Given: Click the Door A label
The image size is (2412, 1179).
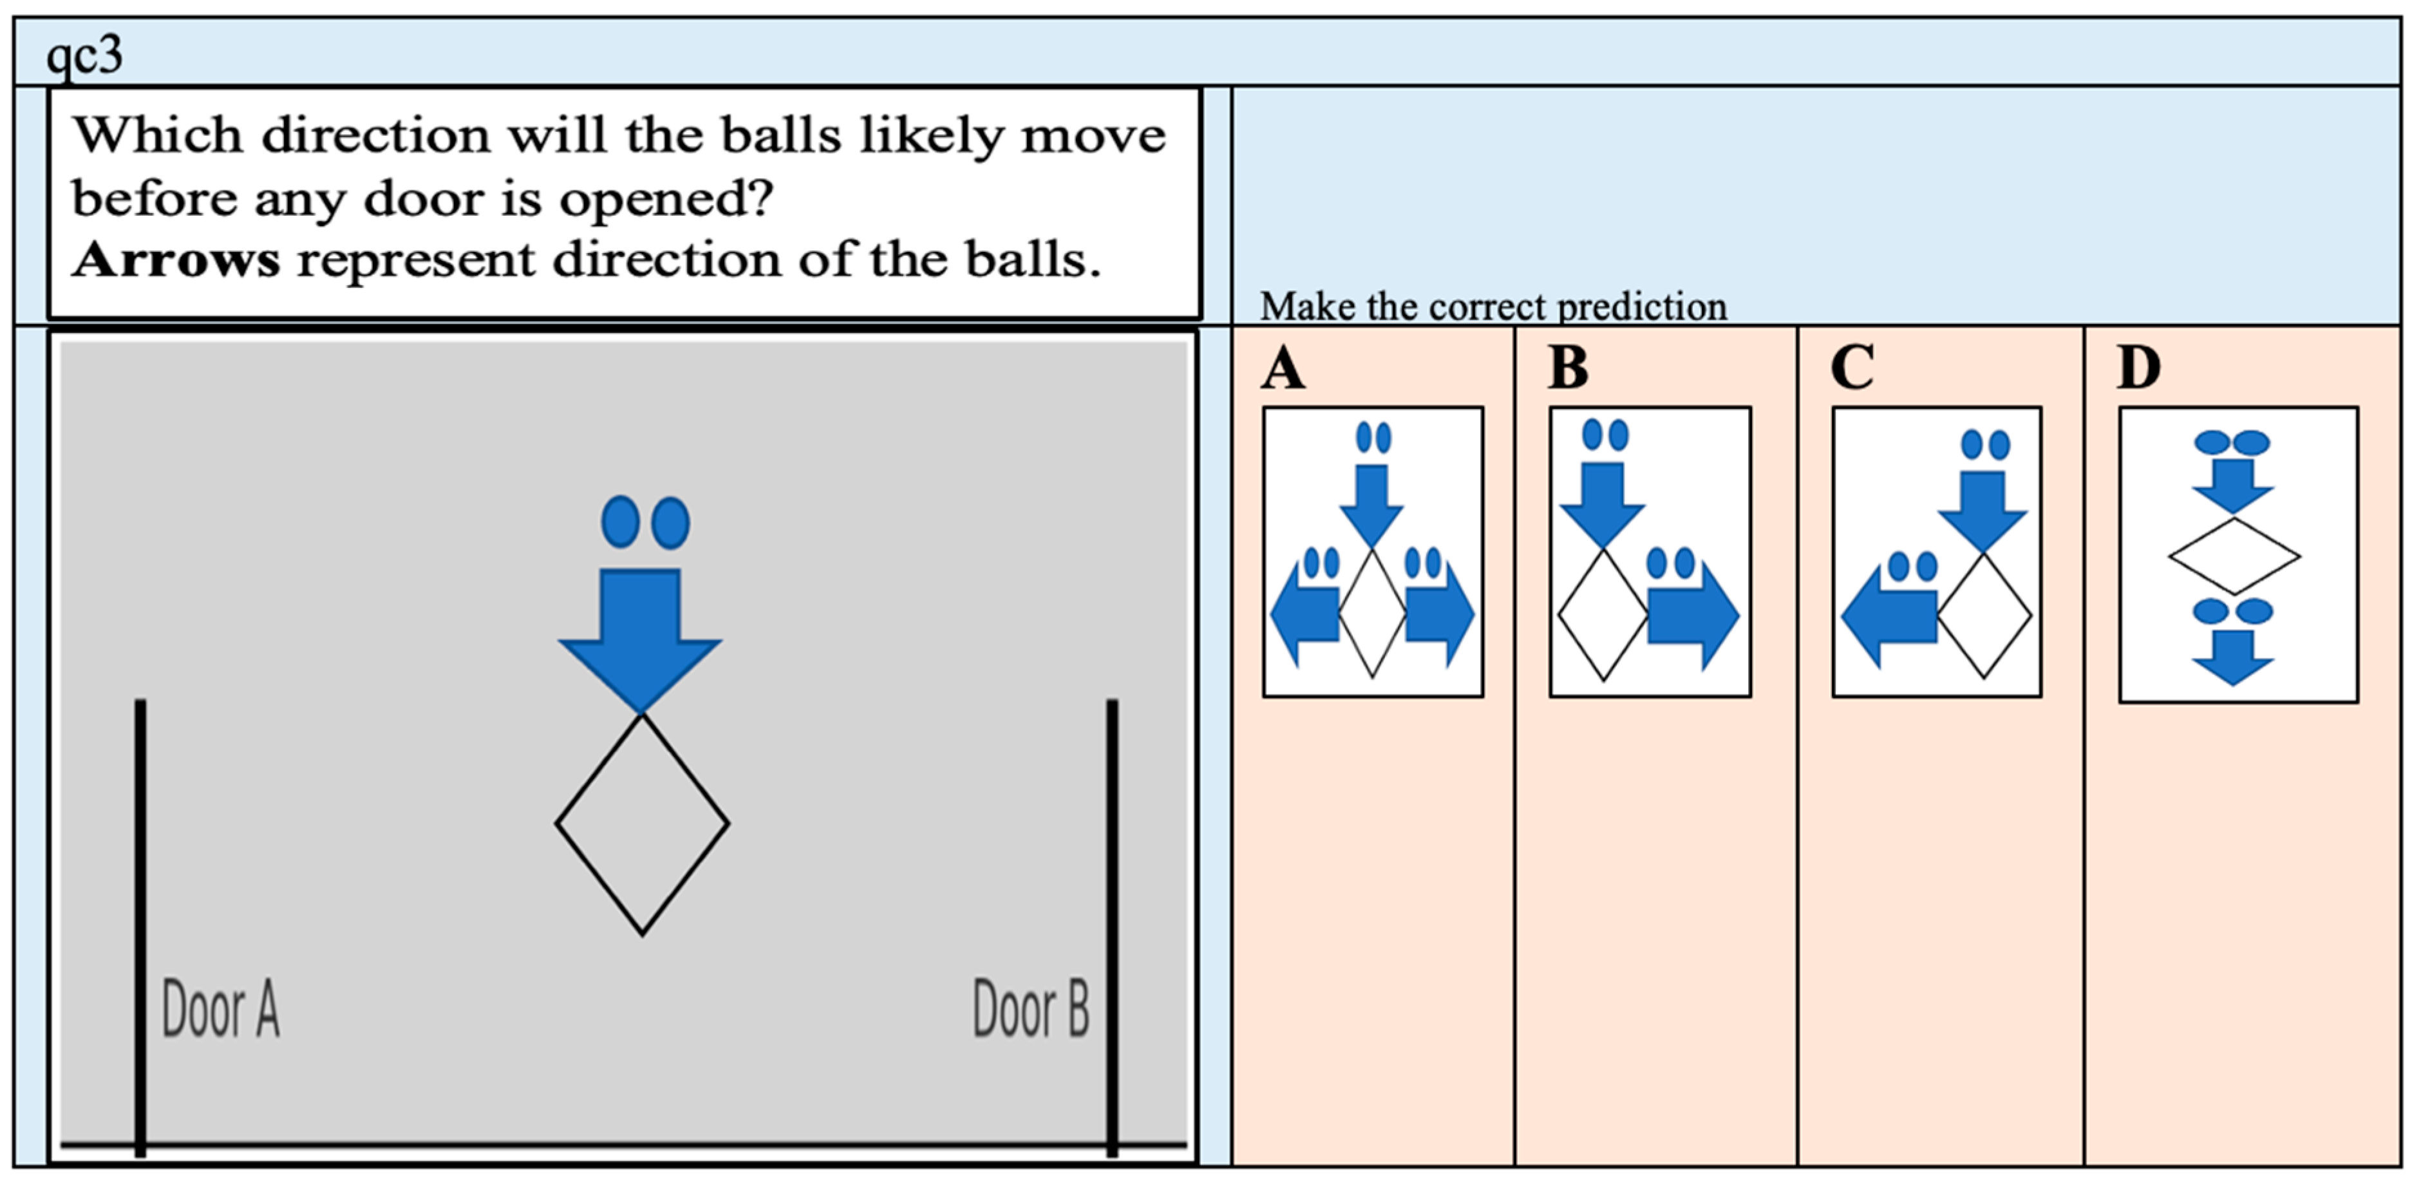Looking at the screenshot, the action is pyautogui.click(x=221, y=1008).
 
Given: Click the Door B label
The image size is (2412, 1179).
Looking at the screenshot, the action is pyautogui.click(x=1032, y=1008).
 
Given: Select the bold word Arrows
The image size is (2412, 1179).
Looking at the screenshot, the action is pyautogui.click(x=176, y=259).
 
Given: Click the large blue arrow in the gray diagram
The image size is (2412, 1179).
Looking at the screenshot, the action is pyautogui.click(x=641, y=637).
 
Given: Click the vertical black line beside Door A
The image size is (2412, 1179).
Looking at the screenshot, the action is pyautogui.click(x=140, y=927).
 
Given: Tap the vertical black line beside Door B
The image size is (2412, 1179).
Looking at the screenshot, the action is pyautogui.click(x=1113, y=927).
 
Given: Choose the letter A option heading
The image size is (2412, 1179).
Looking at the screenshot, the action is pyautogui.click(x=1283, y=368).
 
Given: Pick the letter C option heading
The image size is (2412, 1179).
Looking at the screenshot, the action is pyautogui.click(x=1852, y=368).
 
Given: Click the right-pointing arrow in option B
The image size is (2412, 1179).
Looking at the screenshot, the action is pyautogui.click(x=1693, y=616).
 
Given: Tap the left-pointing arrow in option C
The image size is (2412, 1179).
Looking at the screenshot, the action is pyautogui.click(x=1889, y=616).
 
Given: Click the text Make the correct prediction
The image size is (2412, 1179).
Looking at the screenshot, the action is pyautogui.click(x=1493, y=307).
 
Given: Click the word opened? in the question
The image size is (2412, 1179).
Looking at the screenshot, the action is pyautogui.click(x=666, y=198).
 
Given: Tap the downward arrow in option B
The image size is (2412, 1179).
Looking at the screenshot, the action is pyautogui.click(x=1602, y=504).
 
